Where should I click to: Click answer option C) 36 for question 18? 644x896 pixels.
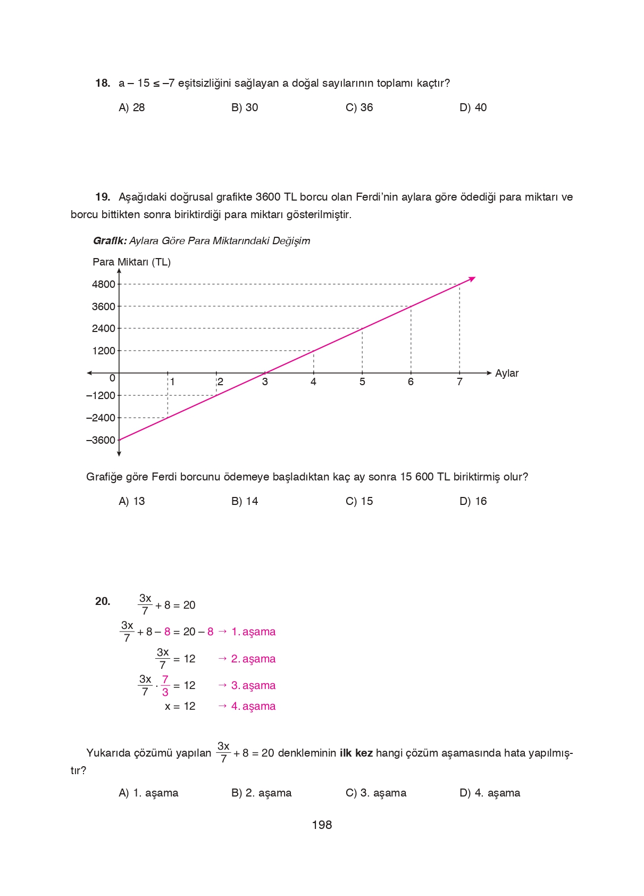[x=359, y=107]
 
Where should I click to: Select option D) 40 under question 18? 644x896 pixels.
[x=473, y=107]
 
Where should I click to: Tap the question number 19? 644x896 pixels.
[x=103, y=197]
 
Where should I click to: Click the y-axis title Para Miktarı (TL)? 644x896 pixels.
[x=131, y=262]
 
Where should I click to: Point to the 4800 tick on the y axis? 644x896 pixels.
[x=103, y=284]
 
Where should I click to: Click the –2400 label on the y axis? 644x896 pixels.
[x=101, y=418]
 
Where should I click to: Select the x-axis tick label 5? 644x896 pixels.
[x=362, y=381]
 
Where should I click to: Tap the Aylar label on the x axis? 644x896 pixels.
[x=506, y=373]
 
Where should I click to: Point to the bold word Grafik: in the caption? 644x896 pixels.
[x=110, y=241]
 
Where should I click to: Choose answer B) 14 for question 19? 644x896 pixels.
[x=245, y=501]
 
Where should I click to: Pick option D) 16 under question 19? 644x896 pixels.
[x=473, y=501]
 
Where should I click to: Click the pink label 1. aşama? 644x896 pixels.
[x=253, y=632]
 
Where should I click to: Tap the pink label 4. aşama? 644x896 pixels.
[x=253, y=706]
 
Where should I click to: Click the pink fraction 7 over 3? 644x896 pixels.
[x=165, y=685]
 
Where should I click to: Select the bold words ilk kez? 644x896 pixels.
[x=356, y=753]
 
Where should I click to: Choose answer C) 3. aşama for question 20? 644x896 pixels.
[x=375, y=793]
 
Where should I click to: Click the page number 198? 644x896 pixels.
[x=322, y=825]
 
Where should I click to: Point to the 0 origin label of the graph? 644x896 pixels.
[x=112, y=378]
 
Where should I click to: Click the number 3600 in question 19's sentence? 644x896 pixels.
[x=268, y=197]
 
